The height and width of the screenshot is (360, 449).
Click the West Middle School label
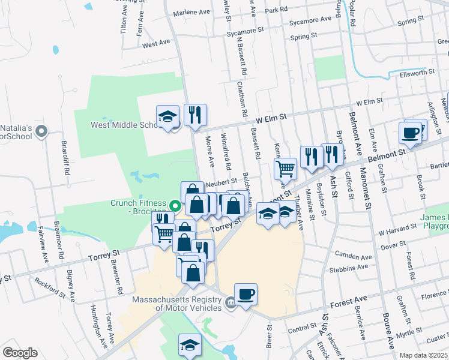(123, 125)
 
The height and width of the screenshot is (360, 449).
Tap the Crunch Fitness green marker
(176, 205)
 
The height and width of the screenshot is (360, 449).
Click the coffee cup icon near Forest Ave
(246, 295)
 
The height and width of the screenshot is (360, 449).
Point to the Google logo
(20, 353)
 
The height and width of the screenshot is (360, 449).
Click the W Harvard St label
(397, 229)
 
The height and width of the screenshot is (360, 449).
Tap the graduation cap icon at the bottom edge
(190, 345)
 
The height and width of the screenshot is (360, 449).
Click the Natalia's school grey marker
(41, 131)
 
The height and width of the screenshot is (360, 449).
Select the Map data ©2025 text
(423, 355)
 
